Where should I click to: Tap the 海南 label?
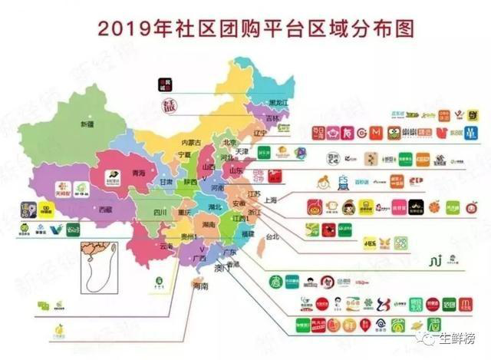200,286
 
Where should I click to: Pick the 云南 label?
167,246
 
